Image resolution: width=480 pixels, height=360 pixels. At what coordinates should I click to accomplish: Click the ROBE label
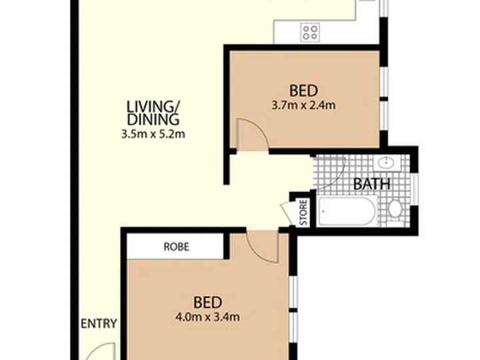(x=176, y=247)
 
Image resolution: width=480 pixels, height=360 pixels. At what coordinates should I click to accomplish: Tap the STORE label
(x=303, y=213)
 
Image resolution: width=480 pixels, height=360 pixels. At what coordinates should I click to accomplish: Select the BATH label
(x=371, y=184)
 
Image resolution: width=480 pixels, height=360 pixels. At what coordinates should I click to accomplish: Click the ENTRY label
(x=99, y=323)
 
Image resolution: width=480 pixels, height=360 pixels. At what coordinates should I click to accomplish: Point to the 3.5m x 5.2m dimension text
(x=153, y=134)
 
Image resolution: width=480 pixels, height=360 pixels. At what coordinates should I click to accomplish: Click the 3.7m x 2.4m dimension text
(x=304, y=105)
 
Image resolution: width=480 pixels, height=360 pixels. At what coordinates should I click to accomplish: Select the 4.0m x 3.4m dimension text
(x=207, y=317)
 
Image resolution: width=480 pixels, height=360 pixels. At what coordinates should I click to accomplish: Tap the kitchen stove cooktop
(x=310, y=33)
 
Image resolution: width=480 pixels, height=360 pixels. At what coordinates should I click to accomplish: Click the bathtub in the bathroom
(x=347, y=211)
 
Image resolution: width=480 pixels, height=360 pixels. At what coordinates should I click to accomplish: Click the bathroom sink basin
(x=386, y=163)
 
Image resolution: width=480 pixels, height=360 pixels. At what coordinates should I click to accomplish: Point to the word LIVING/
(x=153, y=107)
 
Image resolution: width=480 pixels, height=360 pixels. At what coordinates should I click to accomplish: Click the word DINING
(x=153, y=119)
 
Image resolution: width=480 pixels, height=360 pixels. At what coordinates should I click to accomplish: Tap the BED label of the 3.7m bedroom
(x=304, y=91)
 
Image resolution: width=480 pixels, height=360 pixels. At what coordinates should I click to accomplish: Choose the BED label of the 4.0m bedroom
(x=207, y=303)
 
